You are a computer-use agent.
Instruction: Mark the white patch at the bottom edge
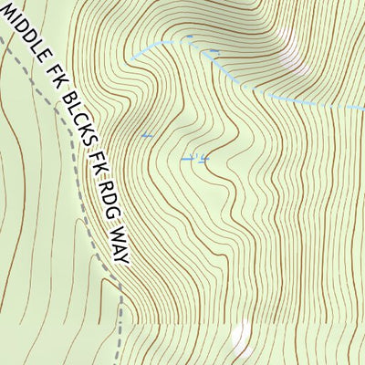(x=242, y=339)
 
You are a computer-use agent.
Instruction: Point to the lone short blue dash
(x=145, y=136)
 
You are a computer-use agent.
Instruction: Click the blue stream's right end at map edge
(x=361, y=108)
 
